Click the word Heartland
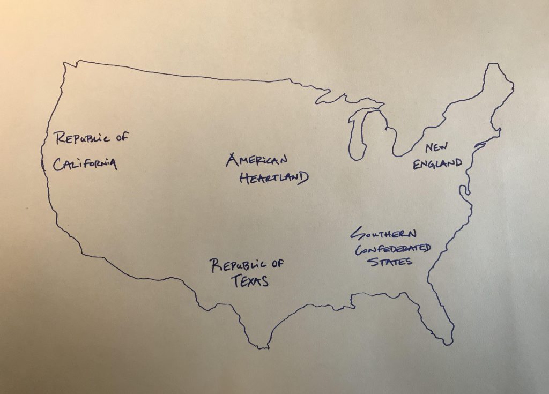click(x=273, y=179)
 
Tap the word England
click(x=437, y=162)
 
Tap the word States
click(x=394, y=262)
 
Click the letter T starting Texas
click(x=235, y=280)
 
